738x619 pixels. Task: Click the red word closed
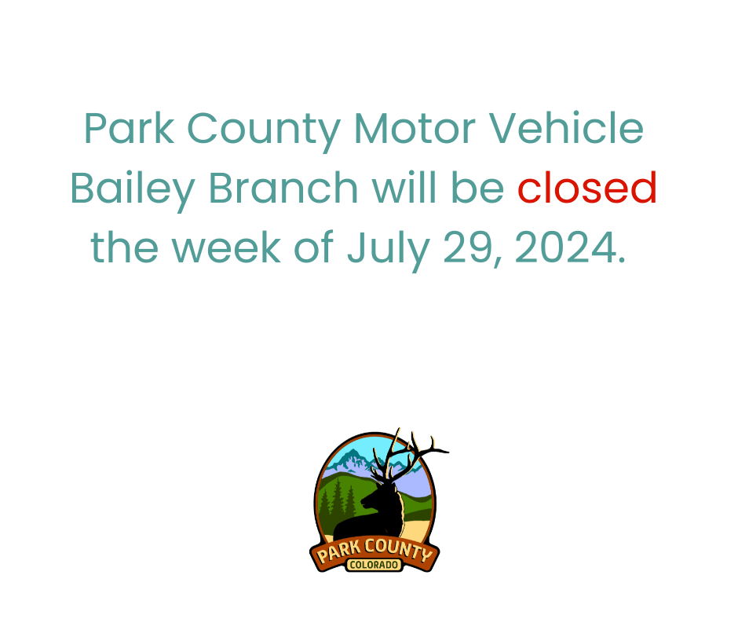[x=586, y=189]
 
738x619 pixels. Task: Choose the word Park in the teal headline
[x=128, y=130]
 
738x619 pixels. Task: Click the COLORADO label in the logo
[x=374, y=565]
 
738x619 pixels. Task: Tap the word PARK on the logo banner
[x=338, y=553]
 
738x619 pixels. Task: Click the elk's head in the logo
[x=384, y=491]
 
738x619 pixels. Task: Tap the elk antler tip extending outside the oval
[x=444, y=452]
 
